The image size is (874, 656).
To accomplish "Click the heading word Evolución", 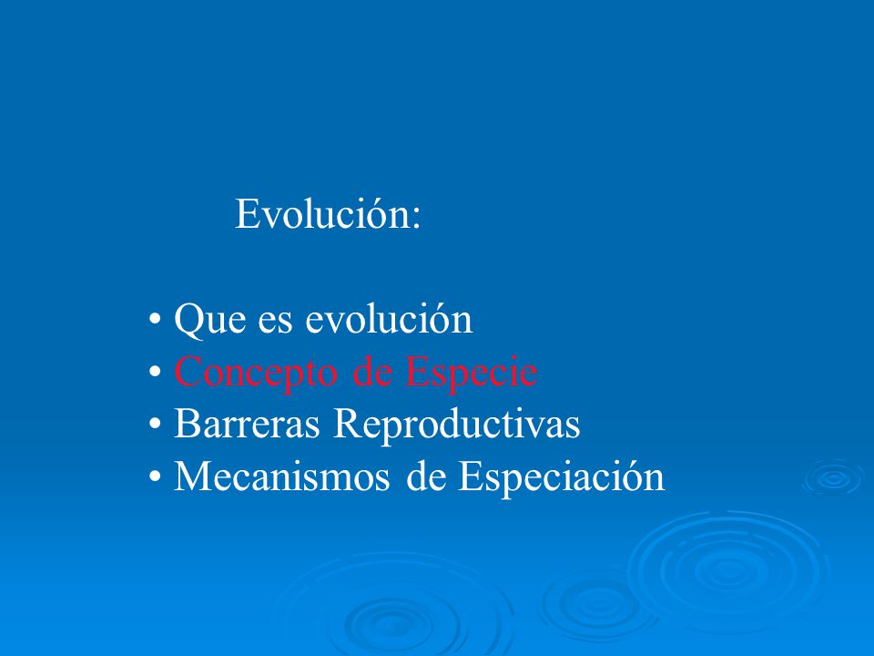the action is click(323, 212).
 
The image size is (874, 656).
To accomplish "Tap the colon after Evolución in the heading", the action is click(416, 218).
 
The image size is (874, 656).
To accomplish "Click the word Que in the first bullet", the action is click(209, 319).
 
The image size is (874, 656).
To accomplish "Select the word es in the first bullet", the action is click(275, 323).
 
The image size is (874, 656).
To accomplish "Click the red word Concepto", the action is click(256, 372).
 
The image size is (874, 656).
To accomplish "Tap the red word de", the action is click(371, 372).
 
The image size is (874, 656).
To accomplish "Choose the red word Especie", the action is click(471, 372).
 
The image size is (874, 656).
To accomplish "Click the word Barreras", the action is click(247, 424).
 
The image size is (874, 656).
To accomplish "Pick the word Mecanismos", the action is click(281, 477).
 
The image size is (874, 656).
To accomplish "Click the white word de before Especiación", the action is click(426, 476).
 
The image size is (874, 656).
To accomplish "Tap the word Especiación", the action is click(562, 477).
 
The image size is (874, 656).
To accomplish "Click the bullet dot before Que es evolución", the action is click(155, 320).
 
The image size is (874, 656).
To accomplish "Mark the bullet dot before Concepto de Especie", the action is click(155, 372).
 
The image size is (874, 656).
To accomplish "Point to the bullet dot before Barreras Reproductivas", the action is click(155, 424).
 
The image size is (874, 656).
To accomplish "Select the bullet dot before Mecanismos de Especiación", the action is click(155, 477).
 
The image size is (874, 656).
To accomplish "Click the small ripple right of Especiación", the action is click(834, 477).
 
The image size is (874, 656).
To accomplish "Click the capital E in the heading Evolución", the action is click(247, 213).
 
